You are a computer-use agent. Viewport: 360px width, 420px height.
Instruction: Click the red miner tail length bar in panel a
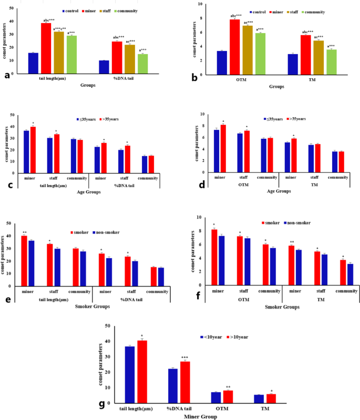[46, 48]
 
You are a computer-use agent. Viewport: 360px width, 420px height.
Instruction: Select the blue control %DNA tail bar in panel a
[104, 67]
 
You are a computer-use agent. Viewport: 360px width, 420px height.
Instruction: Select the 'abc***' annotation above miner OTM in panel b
[234, 16]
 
